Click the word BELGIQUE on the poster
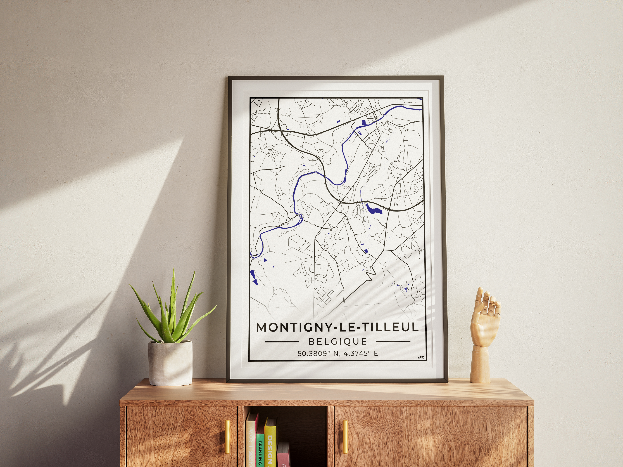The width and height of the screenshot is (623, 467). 338,341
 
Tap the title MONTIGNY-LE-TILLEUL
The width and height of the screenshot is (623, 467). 337,327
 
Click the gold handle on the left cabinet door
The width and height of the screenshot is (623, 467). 227,437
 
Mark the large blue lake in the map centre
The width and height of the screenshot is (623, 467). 372,209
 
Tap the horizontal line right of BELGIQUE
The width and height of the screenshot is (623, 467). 393,341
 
